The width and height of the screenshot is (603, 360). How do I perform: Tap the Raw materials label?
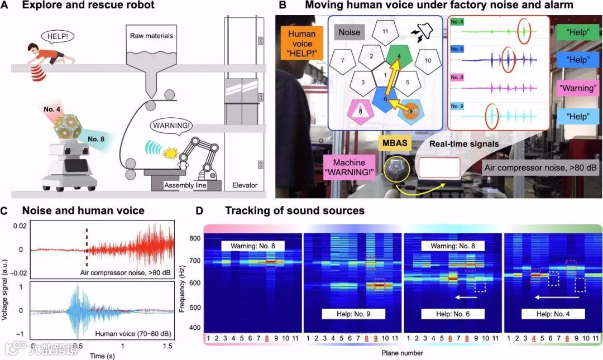(147, 36)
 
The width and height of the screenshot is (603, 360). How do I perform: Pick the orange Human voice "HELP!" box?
(301, 42)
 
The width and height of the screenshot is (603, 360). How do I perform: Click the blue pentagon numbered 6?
(385, 98)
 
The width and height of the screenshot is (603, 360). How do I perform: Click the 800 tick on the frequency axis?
(194, 239)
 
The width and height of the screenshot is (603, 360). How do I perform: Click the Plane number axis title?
(403, 353)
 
